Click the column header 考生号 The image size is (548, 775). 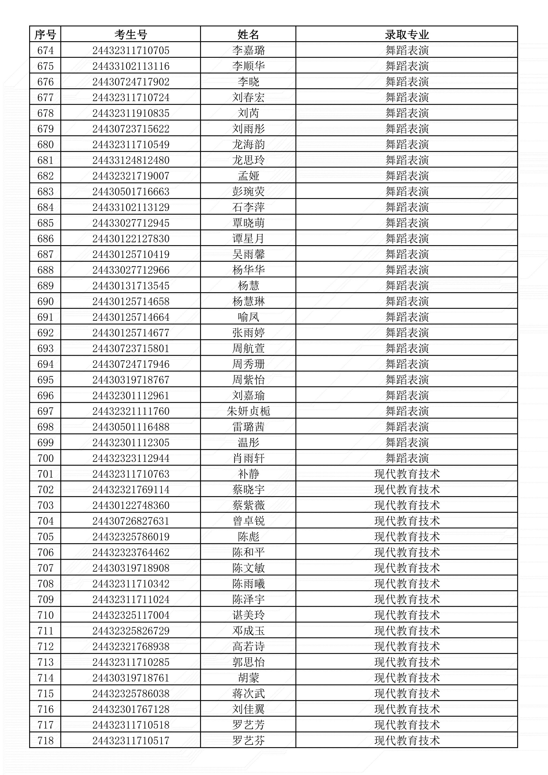131,35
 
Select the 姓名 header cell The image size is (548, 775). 248,35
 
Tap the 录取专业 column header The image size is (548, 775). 407,35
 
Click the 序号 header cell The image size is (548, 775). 45,35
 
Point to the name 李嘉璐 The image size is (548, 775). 248,50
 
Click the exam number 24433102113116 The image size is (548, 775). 131,66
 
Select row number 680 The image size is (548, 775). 45,145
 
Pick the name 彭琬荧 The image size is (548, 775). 248,191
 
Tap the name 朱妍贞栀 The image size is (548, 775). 248,411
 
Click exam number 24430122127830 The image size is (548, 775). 131,239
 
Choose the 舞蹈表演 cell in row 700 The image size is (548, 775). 407,458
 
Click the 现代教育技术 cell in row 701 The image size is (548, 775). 407,474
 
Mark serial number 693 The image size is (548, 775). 45,348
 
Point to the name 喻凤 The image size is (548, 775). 248,317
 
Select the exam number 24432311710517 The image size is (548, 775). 131,740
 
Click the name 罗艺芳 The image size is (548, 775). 248,725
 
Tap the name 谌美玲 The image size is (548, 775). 248,615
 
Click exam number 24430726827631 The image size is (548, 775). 131,521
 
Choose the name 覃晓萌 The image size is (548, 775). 248,223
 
